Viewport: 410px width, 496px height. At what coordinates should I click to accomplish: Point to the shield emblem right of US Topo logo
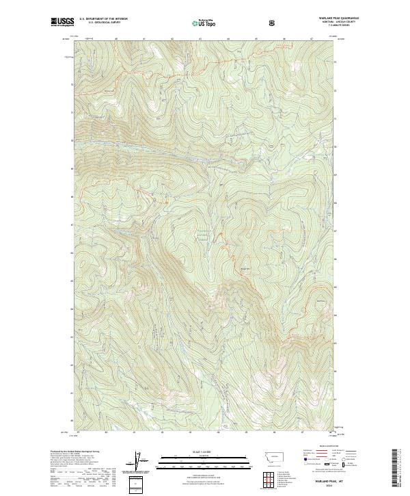(274, 23)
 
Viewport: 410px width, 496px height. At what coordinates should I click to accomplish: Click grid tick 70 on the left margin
(71, 140)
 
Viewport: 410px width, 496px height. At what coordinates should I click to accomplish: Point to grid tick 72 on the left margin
(71, 84)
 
